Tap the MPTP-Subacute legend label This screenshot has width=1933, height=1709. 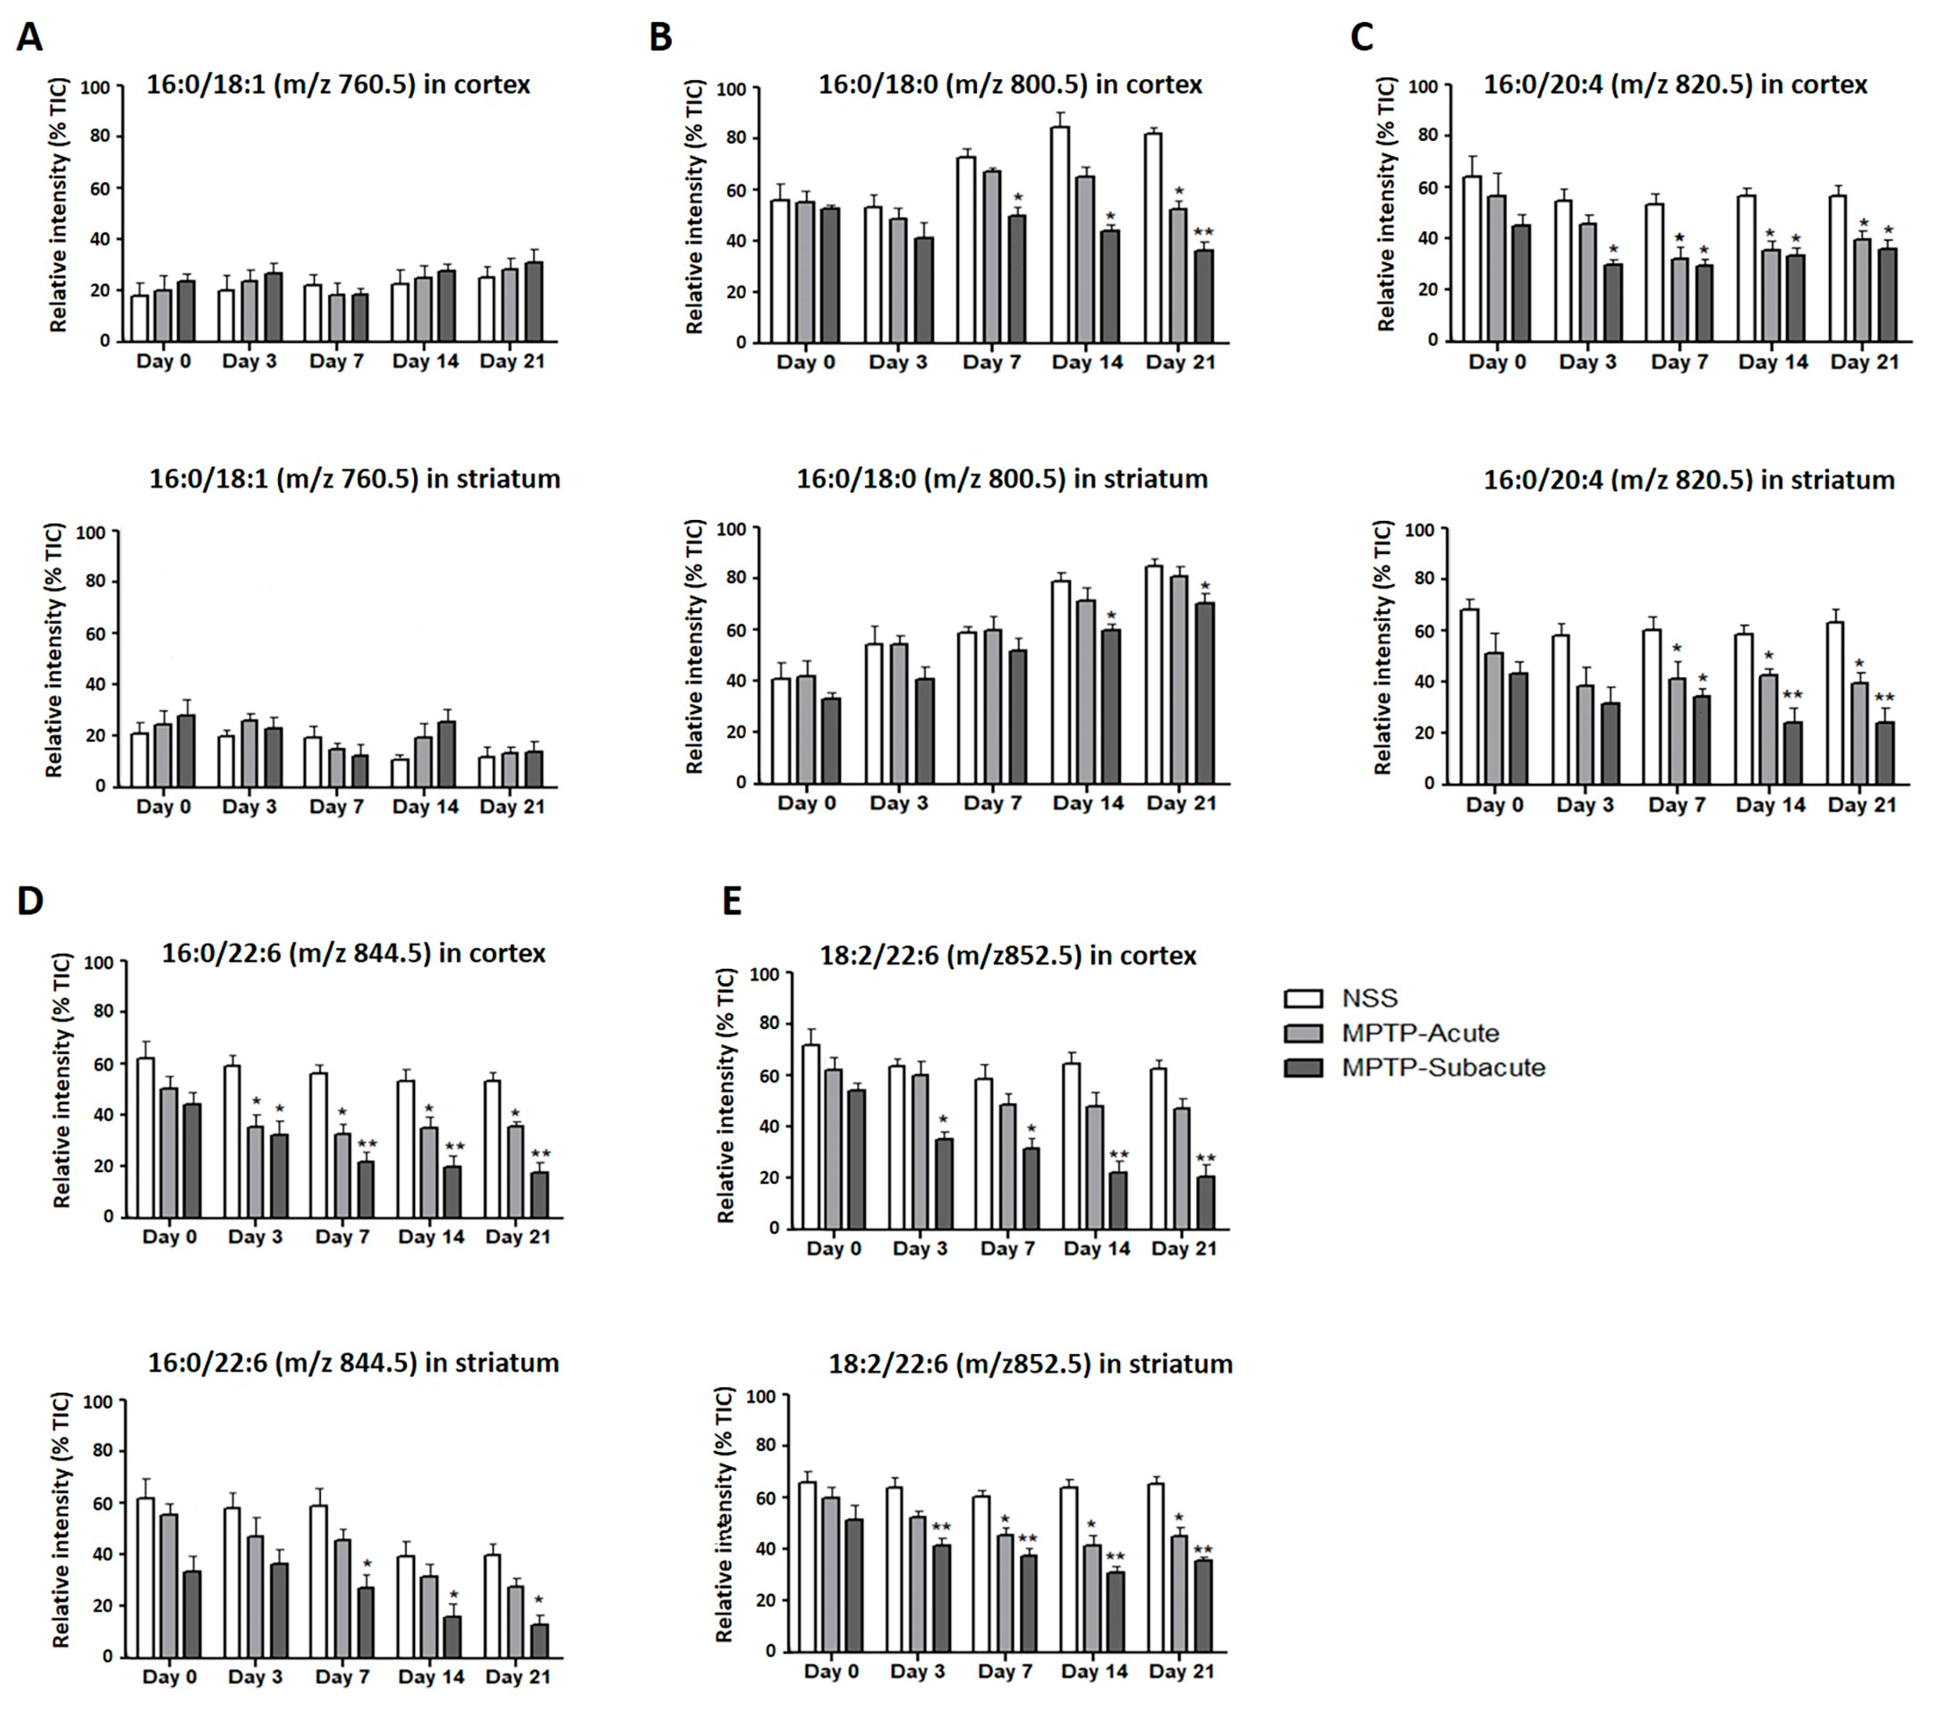pyautogui.click(x=1443, y=1068)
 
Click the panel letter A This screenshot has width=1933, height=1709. pyautogui.click(x=30, y=38)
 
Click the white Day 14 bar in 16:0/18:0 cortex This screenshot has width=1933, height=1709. pyautogui.click(x=1060, y=234)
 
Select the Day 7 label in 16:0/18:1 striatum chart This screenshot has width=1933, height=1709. pyautogui.click(x=336, y=807)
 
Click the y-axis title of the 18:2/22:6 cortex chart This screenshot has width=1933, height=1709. pyautogui.click(x=726, y=1095)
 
